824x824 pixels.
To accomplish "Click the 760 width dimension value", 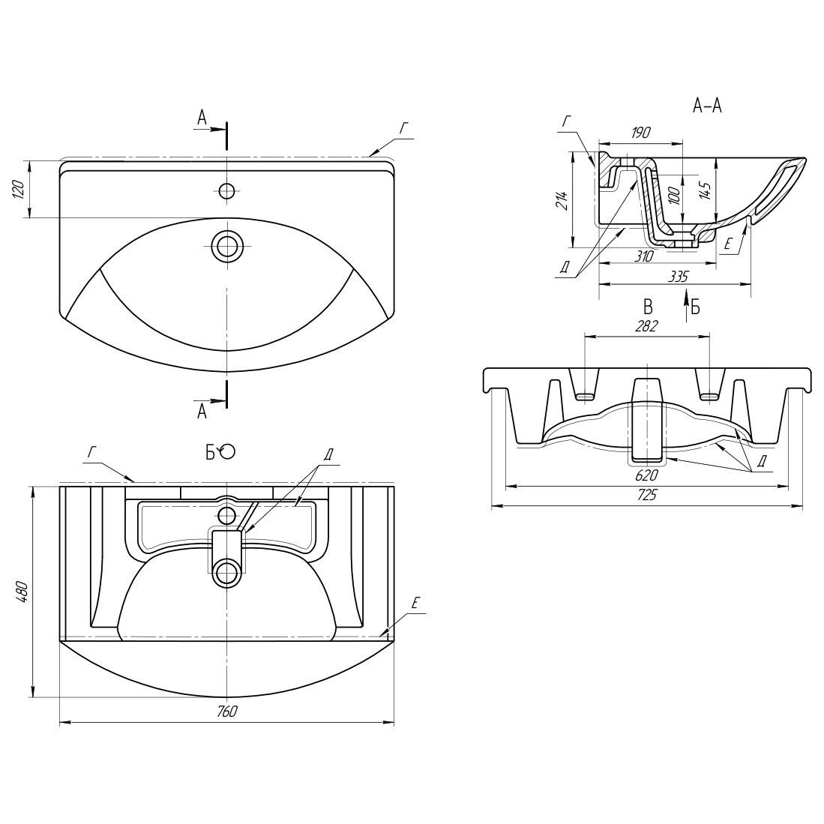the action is [x=226, y=712].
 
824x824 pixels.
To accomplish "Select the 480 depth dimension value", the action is [x=21, y=592].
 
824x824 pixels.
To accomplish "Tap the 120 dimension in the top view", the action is [x=19, y=189].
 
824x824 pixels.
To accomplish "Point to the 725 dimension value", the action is [x=646, y=495].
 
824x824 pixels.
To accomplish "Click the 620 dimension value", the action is [x=646, y=475].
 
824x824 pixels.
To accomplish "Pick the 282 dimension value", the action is [x=646, y=326].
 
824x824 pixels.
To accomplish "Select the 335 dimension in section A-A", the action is [x=677, y=277].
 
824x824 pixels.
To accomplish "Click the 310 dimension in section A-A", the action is [x=644, y=256].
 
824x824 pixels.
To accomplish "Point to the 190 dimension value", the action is [x=640, y=133].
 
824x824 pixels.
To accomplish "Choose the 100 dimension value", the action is [x=675, y=194].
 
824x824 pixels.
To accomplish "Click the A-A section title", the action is [x=707, y=106].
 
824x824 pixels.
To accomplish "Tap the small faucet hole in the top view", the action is [x=226, y=190].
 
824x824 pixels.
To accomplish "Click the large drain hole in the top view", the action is [x=226, y=245].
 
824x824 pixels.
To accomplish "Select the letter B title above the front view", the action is [x=648, y=307].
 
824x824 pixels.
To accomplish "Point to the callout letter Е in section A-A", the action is [x=728, y=244].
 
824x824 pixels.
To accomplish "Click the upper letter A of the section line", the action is [x=202, y=118].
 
